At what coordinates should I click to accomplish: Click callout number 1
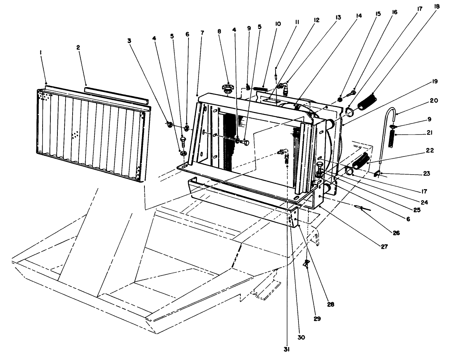(41, 53)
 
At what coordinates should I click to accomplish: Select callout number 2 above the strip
(78, 47)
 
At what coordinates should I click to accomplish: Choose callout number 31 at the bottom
(287, 349)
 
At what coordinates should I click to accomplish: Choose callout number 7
(202, 33)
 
